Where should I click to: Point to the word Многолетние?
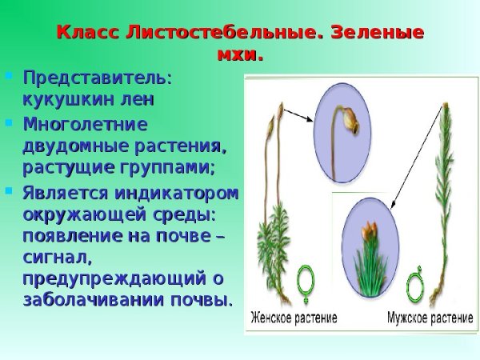pos(86,125)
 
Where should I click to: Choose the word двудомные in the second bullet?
pos(76,146)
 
